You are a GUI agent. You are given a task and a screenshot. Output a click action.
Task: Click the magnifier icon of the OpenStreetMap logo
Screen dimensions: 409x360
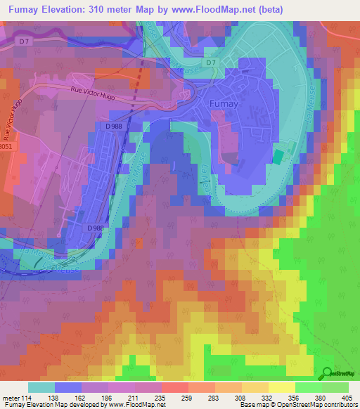click(x=327, y=373)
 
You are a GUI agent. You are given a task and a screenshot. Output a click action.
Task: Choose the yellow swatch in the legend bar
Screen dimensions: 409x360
click(x=281, y=387)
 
